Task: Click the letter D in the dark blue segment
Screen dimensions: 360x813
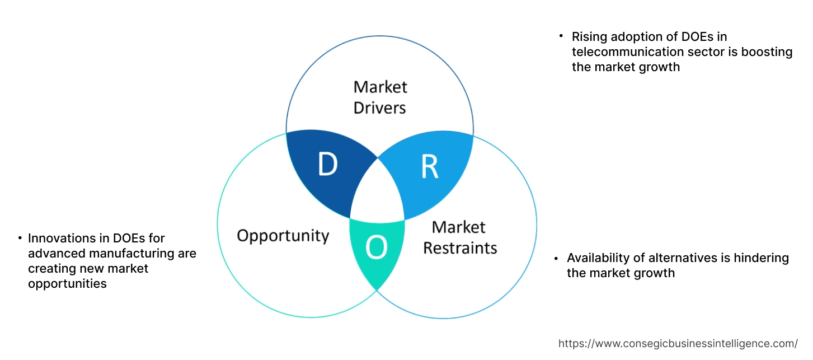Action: coord(328,165)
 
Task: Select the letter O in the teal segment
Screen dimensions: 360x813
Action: coord(376,248)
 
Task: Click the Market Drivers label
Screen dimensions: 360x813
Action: coord(380,97)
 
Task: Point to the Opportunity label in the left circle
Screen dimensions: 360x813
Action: coord(283,235)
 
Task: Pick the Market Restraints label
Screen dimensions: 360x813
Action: coord(459,237)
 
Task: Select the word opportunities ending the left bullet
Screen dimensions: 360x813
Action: coord(67,284)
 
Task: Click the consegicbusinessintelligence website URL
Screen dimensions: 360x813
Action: coord(678,343)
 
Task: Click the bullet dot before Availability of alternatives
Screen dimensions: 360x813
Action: coord(556,258)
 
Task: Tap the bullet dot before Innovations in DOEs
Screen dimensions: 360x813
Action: coord(20,239)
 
